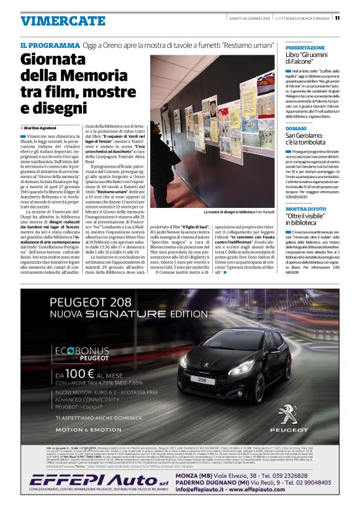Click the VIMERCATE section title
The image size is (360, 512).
click(x=63, y=20)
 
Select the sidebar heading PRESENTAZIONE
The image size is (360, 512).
click(x=305, y=47)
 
